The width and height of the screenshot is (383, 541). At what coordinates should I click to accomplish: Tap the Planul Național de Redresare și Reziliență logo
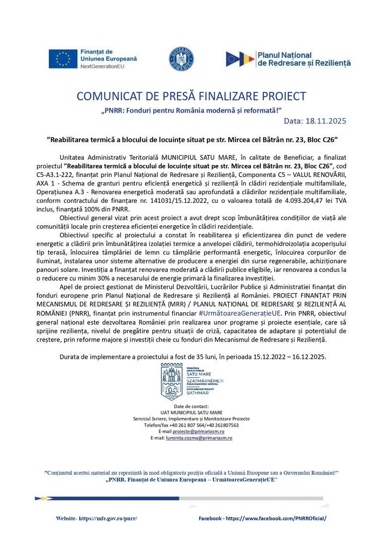(289, 59)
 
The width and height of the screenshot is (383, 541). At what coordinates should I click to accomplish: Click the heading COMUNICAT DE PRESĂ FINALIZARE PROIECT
(191, 96)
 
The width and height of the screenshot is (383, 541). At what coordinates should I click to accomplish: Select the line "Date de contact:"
(191, 406)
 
